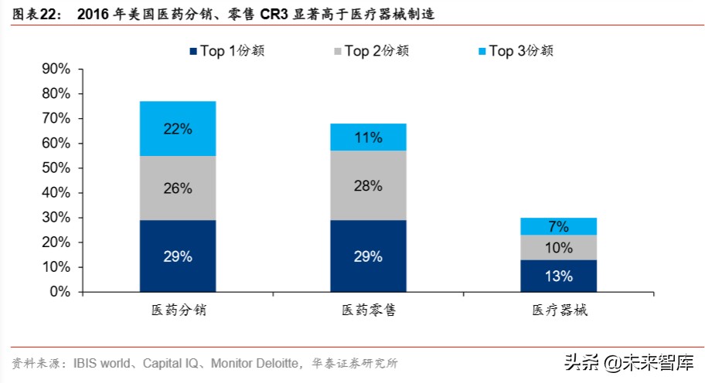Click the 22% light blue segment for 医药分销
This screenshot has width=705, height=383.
[178, 128]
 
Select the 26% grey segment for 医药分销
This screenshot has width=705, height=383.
[178, 188]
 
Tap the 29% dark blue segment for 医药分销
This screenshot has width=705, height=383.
[178, 256]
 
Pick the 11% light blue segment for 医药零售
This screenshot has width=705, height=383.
[368, 137]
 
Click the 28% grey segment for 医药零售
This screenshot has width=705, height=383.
[368, 185]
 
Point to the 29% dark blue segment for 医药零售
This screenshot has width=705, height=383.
[368, 256]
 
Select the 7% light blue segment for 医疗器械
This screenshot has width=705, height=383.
[558, 226]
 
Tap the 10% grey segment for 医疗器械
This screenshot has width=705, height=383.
[558, 247]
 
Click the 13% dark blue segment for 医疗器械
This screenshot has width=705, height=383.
[558, 276]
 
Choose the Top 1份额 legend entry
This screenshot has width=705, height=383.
[227, 51]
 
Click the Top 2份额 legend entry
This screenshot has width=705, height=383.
[371, 51]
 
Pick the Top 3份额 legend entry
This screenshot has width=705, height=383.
[516, 51]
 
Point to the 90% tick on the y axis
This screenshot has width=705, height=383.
[80, 69]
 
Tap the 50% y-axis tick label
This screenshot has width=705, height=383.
[56, 168]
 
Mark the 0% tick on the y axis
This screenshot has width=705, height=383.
[80, 293]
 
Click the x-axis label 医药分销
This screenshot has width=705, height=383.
[179, 310]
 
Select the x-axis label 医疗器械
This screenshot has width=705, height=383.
[560, 310]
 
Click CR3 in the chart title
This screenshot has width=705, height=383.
[274, 15]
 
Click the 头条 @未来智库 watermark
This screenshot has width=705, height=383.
[629, 362]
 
